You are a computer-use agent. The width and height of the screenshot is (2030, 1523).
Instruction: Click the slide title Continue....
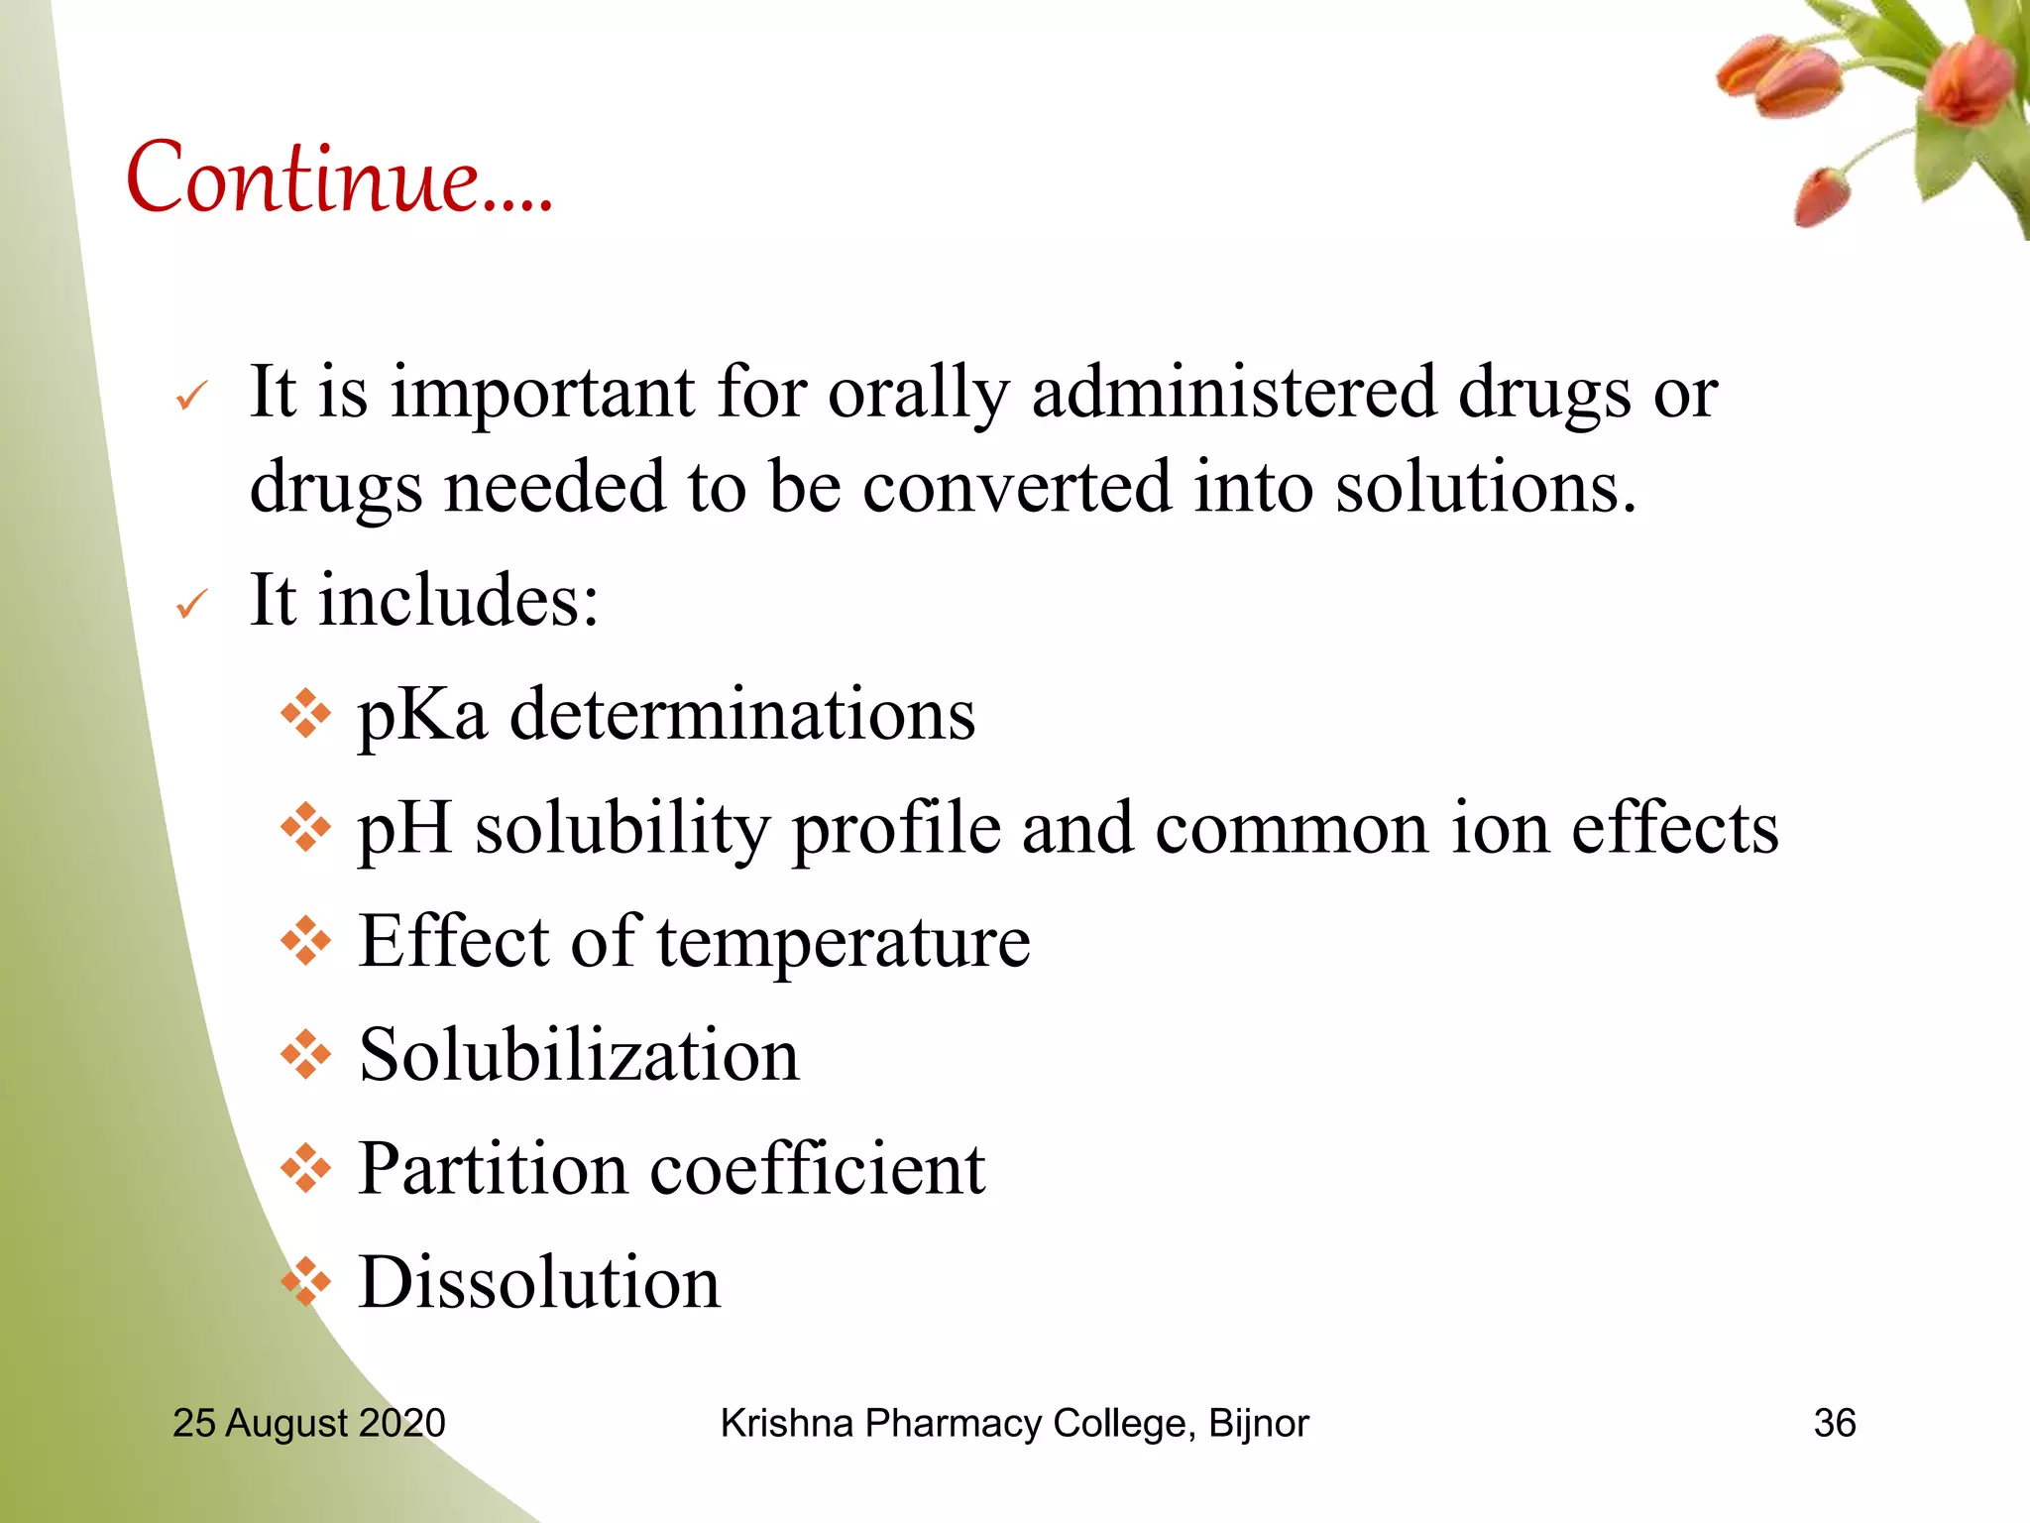click(339, 178)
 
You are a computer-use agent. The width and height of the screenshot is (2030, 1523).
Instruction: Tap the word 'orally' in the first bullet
click(918, 394)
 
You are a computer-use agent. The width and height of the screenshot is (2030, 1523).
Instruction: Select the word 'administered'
click(1233, 392)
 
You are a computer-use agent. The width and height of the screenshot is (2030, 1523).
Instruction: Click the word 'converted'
click(1017, 487)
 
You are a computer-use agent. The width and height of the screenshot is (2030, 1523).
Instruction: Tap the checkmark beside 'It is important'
click(191, 397)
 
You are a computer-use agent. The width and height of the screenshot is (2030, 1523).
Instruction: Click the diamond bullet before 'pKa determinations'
click(305, 713)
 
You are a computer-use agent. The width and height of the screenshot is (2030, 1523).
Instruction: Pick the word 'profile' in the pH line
click(896, 828)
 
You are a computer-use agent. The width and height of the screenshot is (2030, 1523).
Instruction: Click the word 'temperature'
click(844, 942)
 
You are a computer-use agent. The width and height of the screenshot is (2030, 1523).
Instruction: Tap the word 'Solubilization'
click(579, 1054)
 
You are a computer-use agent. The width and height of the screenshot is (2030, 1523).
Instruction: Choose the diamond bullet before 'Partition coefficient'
click(305, 1168)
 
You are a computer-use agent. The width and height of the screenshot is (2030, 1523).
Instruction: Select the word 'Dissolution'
click(539, 1282)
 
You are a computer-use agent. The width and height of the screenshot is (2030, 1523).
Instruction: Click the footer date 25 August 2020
click(309, 1423)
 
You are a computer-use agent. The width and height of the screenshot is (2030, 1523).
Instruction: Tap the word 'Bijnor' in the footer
click(1259, 1423)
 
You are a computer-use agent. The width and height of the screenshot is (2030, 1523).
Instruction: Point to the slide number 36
click(1834, 1423)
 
